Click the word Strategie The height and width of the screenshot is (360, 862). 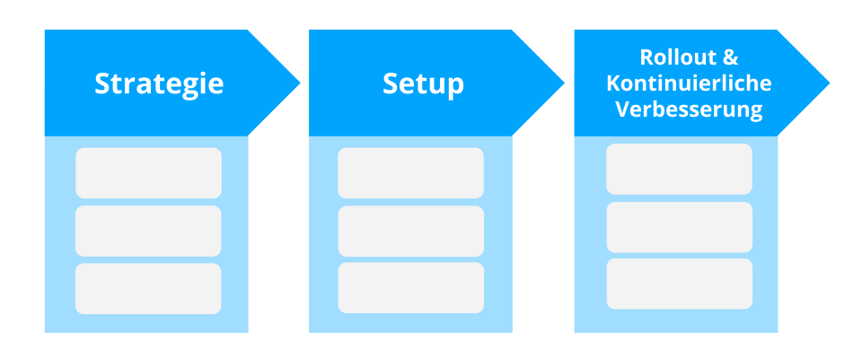(159, 83)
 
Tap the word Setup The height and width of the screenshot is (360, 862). (423, 83)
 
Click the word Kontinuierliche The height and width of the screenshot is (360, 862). (689, 83)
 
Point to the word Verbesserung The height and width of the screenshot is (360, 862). (689, 110)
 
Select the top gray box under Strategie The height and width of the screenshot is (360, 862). (148, 173)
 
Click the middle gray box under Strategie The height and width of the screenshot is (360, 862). (148, 231)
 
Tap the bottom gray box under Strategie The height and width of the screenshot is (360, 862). (148, 288)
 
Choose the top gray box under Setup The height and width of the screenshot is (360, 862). (410, 173)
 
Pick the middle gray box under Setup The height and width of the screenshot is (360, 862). (410, 231)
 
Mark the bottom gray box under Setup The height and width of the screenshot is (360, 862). (410, 288)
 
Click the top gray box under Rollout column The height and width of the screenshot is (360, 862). (679, 169)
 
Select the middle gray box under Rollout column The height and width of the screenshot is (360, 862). (679, 226)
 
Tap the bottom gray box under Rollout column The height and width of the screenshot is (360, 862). (679, 284)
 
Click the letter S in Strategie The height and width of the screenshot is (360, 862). (102, 83)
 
